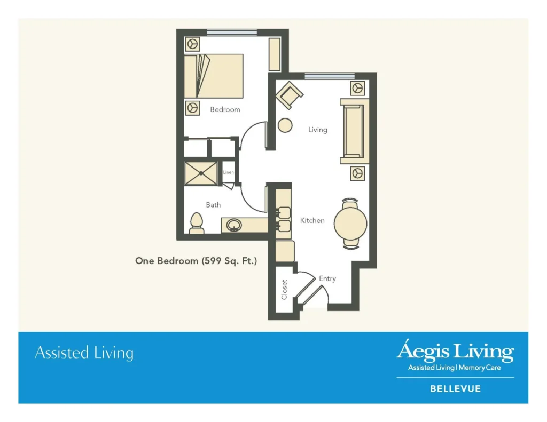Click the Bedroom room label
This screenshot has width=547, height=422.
(225, 109)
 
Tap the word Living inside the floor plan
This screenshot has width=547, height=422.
(317, 130)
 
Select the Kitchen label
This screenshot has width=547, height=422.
(312, 220)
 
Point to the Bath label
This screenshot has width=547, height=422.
(213, 204)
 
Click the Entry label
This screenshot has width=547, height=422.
(327, 278)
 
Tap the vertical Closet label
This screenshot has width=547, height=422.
(284, 289)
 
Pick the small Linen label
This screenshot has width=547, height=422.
(229, 172)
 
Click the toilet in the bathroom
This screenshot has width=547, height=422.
(197, 223)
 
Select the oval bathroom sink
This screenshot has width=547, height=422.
(234, 225)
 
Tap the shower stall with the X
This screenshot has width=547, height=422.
(201, 173)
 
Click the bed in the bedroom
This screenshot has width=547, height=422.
(214, 76)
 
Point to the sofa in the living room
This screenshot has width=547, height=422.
(355, 131)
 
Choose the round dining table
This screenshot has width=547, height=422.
(350, 224)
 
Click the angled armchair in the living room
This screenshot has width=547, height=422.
(289, 95)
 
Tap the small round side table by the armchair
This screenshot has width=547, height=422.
(285, 125)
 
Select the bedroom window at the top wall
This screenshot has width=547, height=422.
(232, 33)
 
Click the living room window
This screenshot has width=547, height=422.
(330, 76)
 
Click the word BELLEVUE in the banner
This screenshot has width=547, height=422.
(456, 388)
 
